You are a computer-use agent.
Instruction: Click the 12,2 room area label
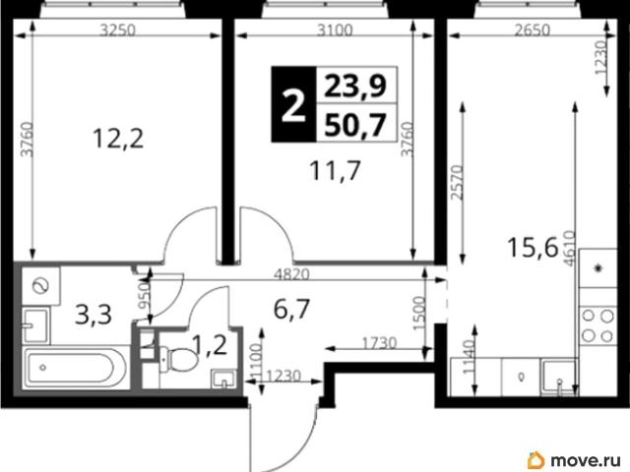pos(118,139)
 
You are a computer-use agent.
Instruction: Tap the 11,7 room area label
pos(335,170)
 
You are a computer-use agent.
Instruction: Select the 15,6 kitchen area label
pos(533,247)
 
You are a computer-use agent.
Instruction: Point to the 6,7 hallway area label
pos(291,309)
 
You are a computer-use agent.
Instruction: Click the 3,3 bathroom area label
pos(94,315)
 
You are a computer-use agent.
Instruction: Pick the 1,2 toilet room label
pos(209,345)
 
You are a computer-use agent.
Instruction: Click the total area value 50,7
pos(355,125)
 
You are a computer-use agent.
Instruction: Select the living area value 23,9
pos(355,86)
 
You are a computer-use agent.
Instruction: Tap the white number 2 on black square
pos(293,105)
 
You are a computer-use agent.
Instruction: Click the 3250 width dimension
pos(118,30)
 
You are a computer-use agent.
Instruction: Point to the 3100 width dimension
pos(335,30)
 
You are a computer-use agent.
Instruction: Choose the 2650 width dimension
pos(533,30)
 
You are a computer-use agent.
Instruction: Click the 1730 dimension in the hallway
pos(379,343)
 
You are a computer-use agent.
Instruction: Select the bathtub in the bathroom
pos(76,368)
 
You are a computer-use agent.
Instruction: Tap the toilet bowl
pos(178,358)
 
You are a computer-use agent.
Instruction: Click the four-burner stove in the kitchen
pos(598,325)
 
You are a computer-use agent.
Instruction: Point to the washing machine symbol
pos(41,285)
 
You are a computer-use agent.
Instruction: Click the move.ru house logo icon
pos(535,460)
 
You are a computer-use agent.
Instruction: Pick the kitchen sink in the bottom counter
pos(559,376)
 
